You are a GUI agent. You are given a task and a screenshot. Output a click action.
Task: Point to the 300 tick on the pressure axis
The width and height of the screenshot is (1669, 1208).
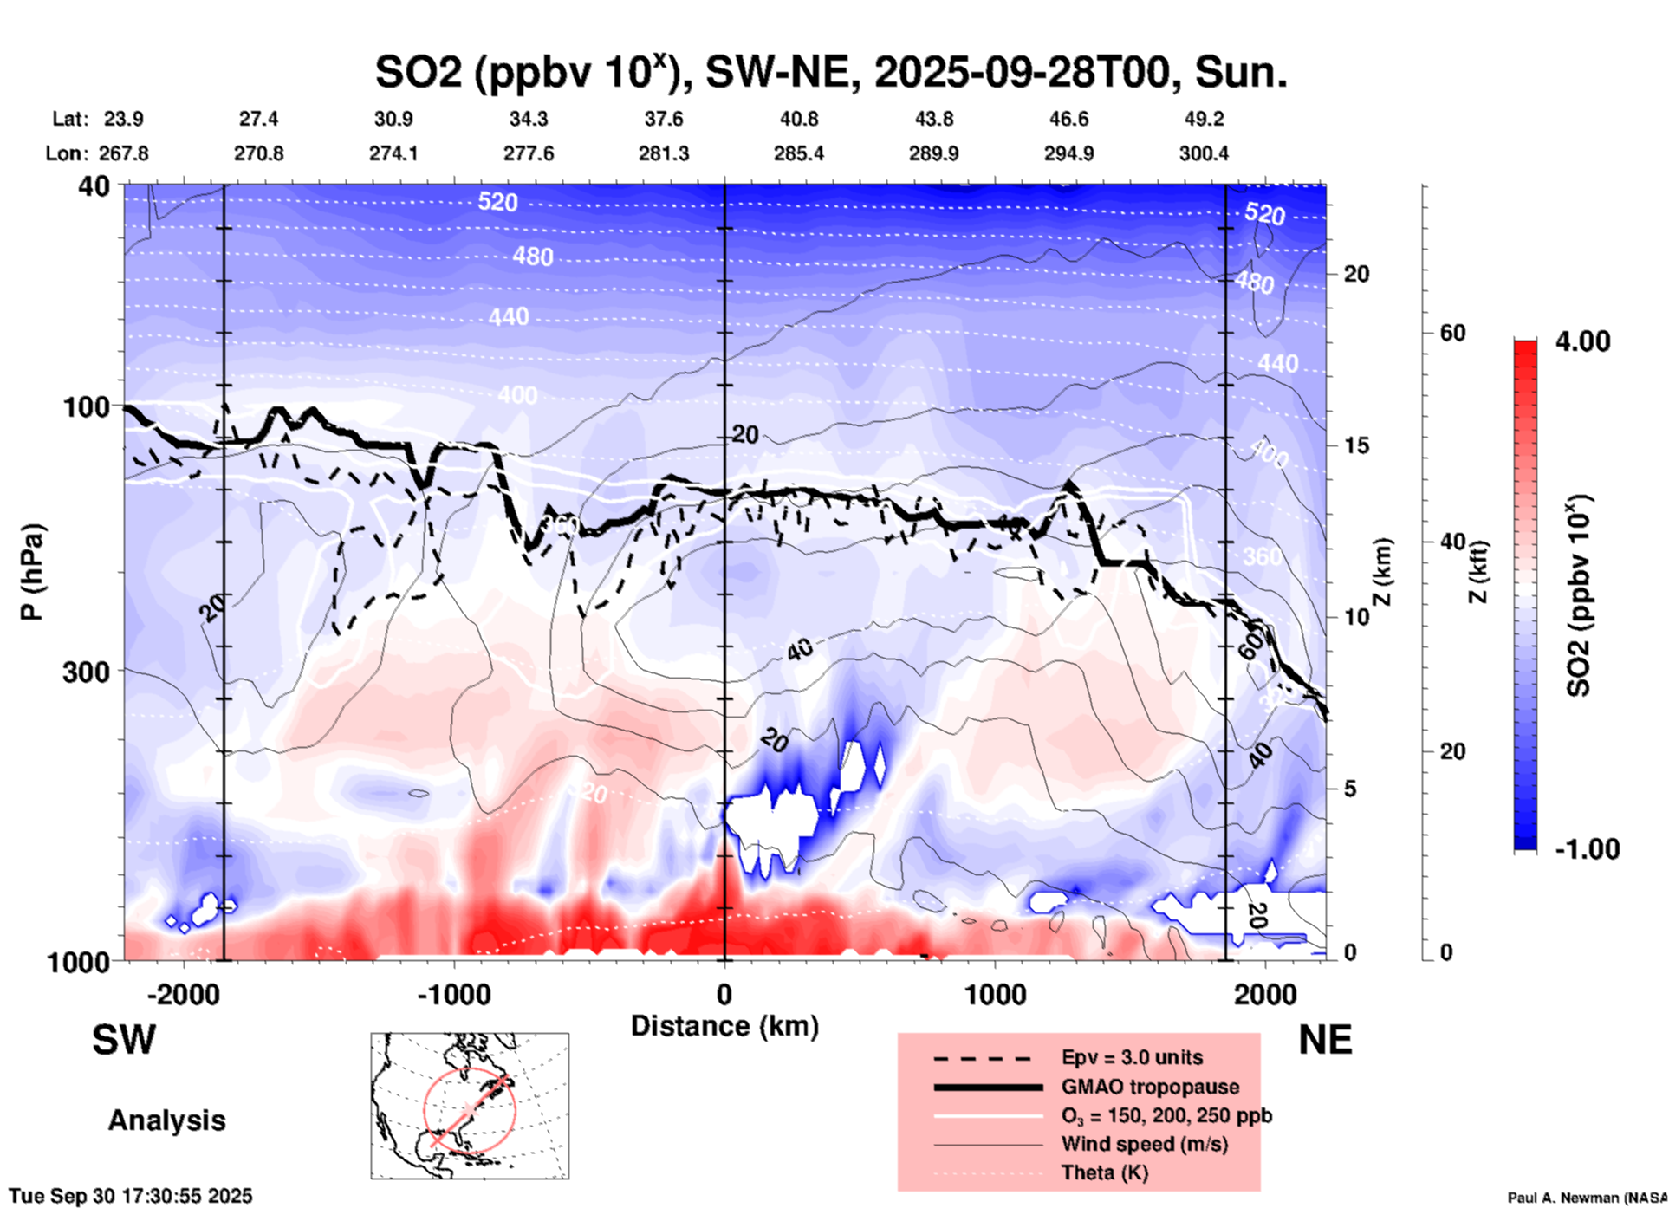(90, 671)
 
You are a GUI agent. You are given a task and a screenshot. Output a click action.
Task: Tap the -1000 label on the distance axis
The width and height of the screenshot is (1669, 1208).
(453, 995)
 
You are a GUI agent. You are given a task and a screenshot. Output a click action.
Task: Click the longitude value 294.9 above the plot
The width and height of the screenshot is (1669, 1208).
(1068, 153)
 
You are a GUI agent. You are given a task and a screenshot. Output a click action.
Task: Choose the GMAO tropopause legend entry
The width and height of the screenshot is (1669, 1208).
(1150, 1087)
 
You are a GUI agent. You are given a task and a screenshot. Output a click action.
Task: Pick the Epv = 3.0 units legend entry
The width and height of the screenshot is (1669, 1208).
(1132, 1057)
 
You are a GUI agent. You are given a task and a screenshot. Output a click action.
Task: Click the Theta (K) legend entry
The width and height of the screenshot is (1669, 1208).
(1104, 1172)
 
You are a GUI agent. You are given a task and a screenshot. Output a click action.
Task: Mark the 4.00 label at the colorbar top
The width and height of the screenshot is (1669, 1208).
(1582, 341)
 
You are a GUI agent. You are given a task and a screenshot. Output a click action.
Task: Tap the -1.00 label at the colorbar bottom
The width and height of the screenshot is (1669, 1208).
(1587, 849)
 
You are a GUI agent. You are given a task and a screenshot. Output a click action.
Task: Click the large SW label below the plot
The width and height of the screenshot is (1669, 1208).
(124, 1040)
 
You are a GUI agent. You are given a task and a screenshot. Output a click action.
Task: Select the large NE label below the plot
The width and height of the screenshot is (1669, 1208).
(1325, 1040)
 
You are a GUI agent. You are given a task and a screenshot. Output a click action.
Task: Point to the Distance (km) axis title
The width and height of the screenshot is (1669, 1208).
(724, 1026)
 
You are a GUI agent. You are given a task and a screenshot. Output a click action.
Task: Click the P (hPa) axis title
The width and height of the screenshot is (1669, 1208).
(32, 572)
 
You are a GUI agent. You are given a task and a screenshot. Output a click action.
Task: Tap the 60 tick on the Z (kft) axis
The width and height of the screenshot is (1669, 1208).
(1452, 333)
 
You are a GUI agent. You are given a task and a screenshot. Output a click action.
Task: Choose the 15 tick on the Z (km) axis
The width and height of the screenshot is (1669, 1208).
(1356, 445)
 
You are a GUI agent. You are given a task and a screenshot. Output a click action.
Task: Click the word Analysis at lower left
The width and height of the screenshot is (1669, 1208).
(166, 1120)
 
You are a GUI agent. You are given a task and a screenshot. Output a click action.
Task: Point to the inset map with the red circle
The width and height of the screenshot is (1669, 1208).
(470, 1106)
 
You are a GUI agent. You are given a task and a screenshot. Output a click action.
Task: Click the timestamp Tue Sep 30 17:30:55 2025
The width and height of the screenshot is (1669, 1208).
(131, 1196)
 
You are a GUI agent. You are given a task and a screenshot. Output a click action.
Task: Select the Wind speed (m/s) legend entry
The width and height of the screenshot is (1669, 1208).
(1144, 1144)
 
